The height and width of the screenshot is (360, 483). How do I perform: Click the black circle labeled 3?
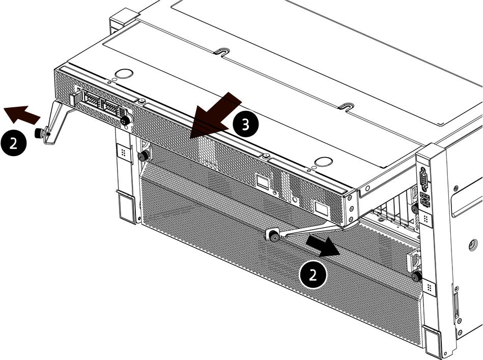(x=245, y=124)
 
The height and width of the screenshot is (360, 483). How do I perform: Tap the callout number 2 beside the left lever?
(x=14, y=143)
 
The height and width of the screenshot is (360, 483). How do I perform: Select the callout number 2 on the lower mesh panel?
(x=313, y=275)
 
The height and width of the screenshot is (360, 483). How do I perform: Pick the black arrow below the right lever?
(x=323, y=246)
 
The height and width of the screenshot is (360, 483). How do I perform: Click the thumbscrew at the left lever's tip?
(x=39, y=133)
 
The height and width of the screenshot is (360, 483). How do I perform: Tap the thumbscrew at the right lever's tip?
(x=273, y=236)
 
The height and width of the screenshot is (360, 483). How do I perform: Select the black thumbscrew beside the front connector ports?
(x=125, y=121)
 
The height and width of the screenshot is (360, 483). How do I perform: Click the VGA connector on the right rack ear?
(x=424, y=179)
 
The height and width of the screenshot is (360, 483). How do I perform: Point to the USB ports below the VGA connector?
(x=424, y=199)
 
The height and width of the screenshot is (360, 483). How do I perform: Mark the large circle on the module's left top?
(x=124, y=74)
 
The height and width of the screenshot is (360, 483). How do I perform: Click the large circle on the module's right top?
(x=323, y=162)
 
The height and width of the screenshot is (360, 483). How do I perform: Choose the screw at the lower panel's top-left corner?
(x=143, y=156)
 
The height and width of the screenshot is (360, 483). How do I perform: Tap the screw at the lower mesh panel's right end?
(x=417, y=277)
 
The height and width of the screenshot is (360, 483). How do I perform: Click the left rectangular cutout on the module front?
(x=263, y=182)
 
